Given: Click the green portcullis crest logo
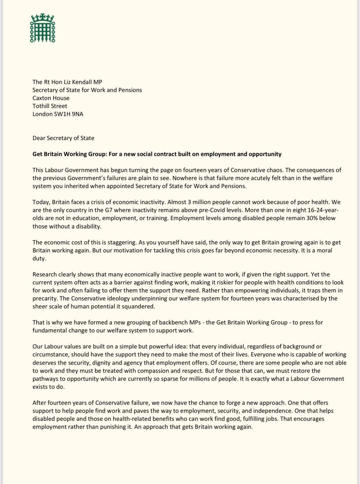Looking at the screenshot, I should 43,28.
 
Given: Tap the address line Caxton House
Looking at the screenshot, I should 51,98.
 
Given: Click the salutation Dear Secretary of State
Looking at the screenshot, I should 63,138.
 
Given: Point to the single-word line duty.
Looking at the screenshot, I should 39,258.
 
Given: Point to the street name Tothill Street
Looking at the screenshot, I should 50,106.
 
